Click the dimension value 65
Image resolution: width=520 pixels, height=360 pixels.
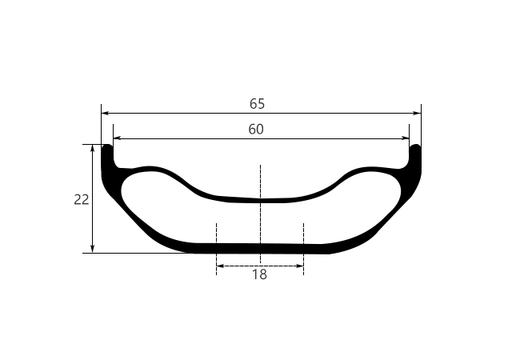(257, 104)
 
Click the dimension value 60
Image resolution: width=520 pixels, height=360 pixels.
(256, 129)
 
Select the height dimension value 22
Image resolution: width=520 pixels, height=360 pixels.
(82, 199)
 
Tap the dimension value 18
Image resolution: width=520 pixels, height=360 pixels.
(259, 274)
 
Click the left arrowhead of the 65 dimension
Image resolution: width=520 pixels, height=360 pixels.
(105, 114)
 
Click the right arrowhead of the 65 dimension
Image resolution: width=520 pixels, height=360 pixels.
(418, 114)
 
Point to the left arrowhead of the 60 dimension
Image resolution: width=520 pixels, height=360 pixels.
(117, 138)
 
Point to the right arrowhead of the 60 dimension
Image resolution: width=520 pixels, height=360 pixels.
(406, 138)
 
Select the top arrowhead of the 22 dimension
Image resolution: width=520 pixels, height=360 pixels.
(94, 148)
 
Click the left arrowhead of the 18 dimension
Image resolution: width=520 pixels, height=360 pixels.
(220, 266)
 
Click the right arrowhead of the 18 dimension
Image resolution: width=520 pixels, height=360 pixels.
(300, 266)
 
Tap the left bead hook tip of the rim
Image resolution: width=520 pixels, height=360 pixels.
(106, 149)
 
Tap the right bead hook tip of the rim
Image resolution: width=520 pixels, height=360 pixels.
(415, 149)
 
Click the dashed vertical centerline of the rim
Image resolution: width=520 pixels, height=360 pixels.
(260, 180)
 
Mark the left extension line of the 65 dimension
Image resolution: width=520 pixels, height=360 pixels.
(101, 124)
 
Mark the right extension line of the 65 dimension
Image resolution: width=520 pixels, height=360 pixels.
(421, 124)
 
